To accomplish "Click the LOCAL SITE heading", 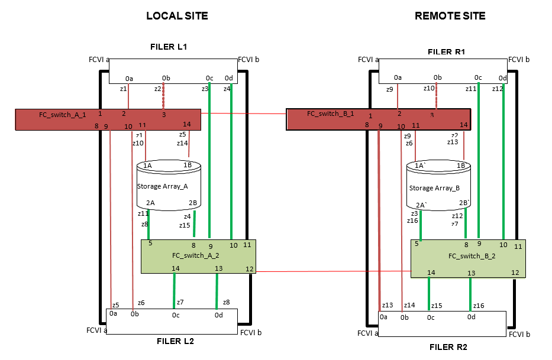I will tap(177, 16).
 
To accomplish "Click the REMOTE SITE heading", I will tap(450, 16).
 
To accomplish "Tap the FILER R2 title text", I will tap(448, 346).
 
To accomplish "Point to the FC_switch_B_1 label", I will tap(330, 113).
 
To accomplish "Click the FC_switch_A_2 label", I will tap(196, 255).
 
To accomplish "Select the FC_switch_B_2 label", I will tap(472, 256).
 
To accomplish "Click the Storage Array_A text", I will tap(162, 186).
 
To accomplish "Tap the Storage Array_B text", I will tap(434, 188).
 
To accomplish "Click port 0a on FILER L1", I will tap(129, 78).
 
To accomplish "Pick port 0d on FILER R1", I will tap(502, 78).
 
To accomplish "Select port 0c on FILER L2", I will tap(176, 315).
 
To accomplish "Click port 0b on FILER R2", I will tap(405, 317).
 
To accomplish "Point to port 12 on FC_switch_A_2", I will tap(249, 269).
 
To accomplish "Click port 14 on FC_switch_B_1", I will tap(464, 125).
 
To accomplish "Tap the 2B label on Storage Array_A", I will tap(193, 203).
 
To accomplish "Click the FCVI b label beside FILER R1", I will tap(519, 59).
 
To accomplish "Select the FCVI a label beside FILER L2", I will tap(97, 330).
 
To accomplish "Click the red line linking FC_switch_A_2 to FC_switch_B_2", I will tap(331, 271).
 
